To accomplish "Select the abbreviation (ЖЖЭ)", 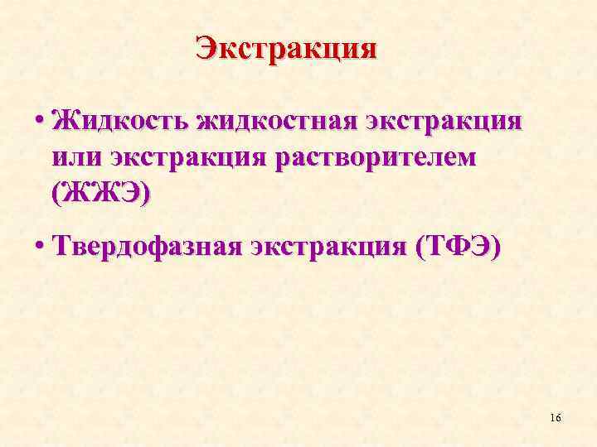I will click(100, 194).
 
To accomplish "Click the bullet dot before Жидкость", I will click(39, 123).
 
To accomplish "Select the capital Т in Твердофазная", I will click(60, 246).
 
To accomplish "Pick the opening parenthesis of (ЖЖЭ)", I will click(55, 194).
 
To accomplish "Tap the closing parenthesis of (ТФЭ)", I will click(496, 247).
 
